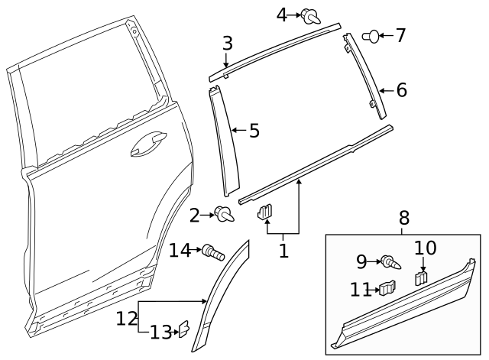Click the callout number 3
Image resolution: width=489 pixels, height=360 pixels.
pyautogui.click(x=228, y=44)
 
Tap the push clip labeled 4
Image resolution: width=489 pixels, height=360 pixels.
pyautogui.click(x=309, y=15)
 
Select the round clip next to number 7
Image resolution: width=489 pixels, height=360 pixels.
pyautogui.click(x=371, y=35)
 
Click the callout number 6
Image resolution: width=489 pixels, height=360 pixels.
pyautogui.click(x=401, y=90)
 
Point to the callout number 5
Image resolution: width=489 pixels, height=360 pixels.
pyautogui.click(x=254, y=131)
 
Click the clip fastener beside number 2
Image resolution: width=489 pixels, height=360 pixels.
pyautogui.click(x=225, y=216)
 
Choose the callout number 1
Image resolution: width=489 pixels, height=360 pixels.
pyautogui.click(x=283, y=250)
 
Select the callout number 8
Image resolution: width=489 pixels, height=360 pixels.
pyautogui.click(x=404, y=219)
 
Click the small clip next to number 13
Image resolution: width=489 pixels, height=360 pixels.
pyautogui.click(x=184, y=330)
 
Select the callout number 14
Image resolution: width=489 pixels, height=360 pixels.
pyautogui.click(x=179, y=250)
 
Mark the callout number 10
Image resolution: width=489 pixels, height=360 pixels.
pyautogui.click(x=425, y=248)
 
